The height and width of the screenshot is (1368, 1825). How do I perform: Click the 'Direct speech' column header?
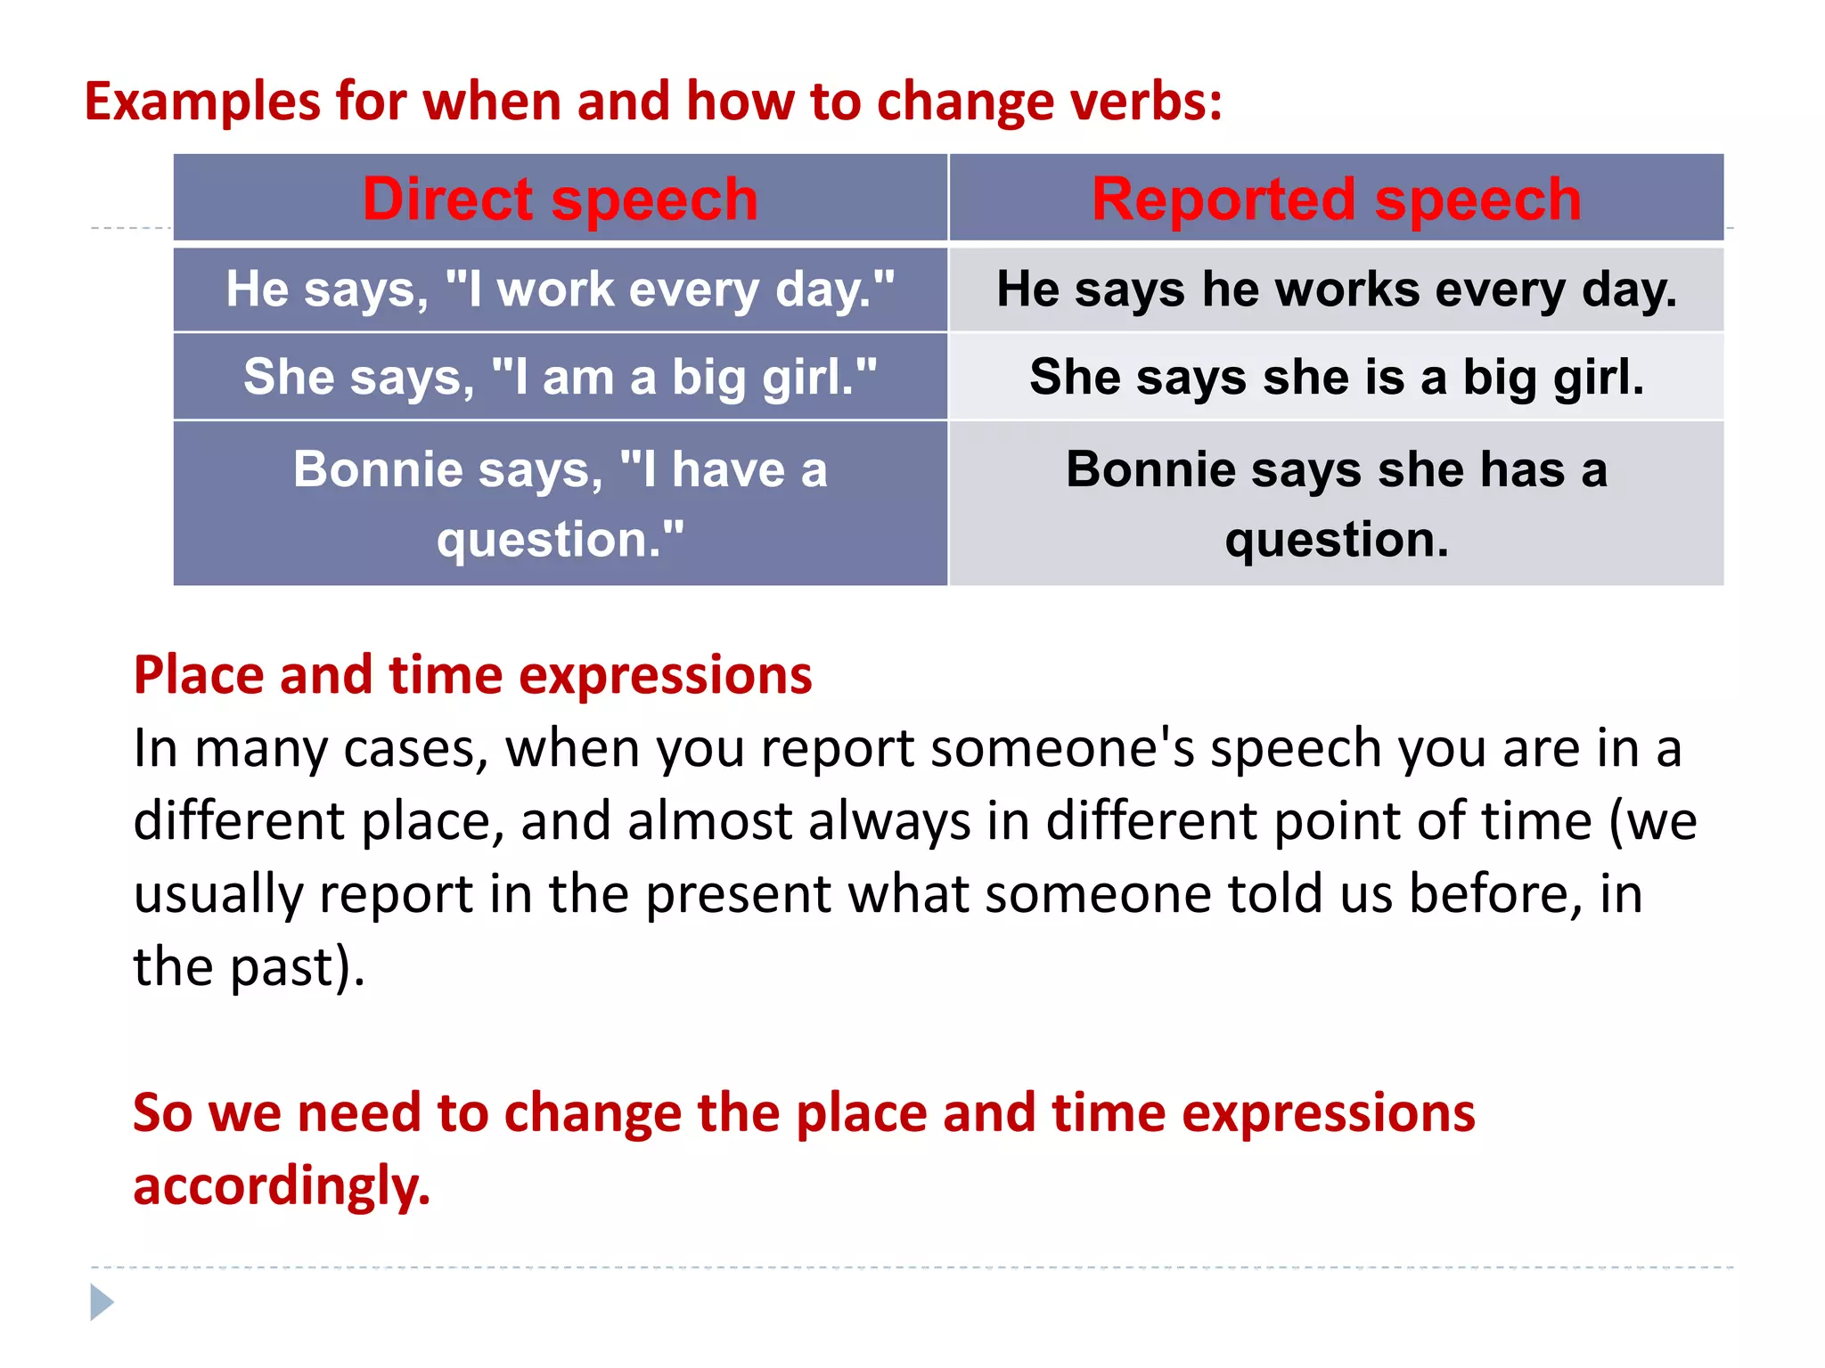click(x=560, y=199)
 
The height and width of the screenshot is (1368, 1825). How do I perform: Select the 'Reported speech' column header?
click(x=1336, y=199)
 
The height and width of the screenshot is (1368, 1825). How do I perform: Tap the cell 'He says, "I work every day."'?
click(x=560, y=289)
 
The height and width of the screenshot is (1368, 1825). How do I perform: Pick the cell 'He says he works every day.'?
click(x=1336, y=289)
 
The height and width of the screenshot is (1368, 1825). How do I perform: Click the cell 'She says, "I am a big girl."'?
click(x=560, y=377)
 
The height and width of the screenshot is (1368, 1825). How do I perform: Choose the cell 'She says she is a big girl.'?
click(x=1336, y=377)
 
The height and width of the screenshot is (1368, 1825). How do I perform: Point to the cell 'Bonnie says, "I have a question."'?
click(x=560, y=503)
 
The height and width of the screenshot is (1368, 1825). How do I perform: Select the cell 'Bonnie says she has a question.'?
click(x=1336, y=503)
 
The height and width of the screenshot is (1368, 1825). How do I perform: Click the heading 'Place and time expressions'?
click(x=472, y=674)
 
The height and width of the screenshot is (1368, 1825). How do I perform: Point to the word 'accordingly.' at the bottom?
click(x=282, y=1186)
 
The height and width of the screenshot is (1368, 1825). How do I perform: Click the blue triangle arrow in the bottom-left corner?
click(x=102, y=1302)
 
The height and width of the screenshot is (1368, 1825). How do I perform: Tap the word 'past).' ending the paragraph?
click(x=298, y=967)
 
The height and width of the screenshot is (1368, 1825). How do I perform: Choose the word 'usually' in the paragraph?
click(x=218, y=894)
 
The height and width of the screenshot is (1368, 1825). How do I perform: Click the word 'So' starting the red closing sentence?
click(x=162, y=1113)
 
